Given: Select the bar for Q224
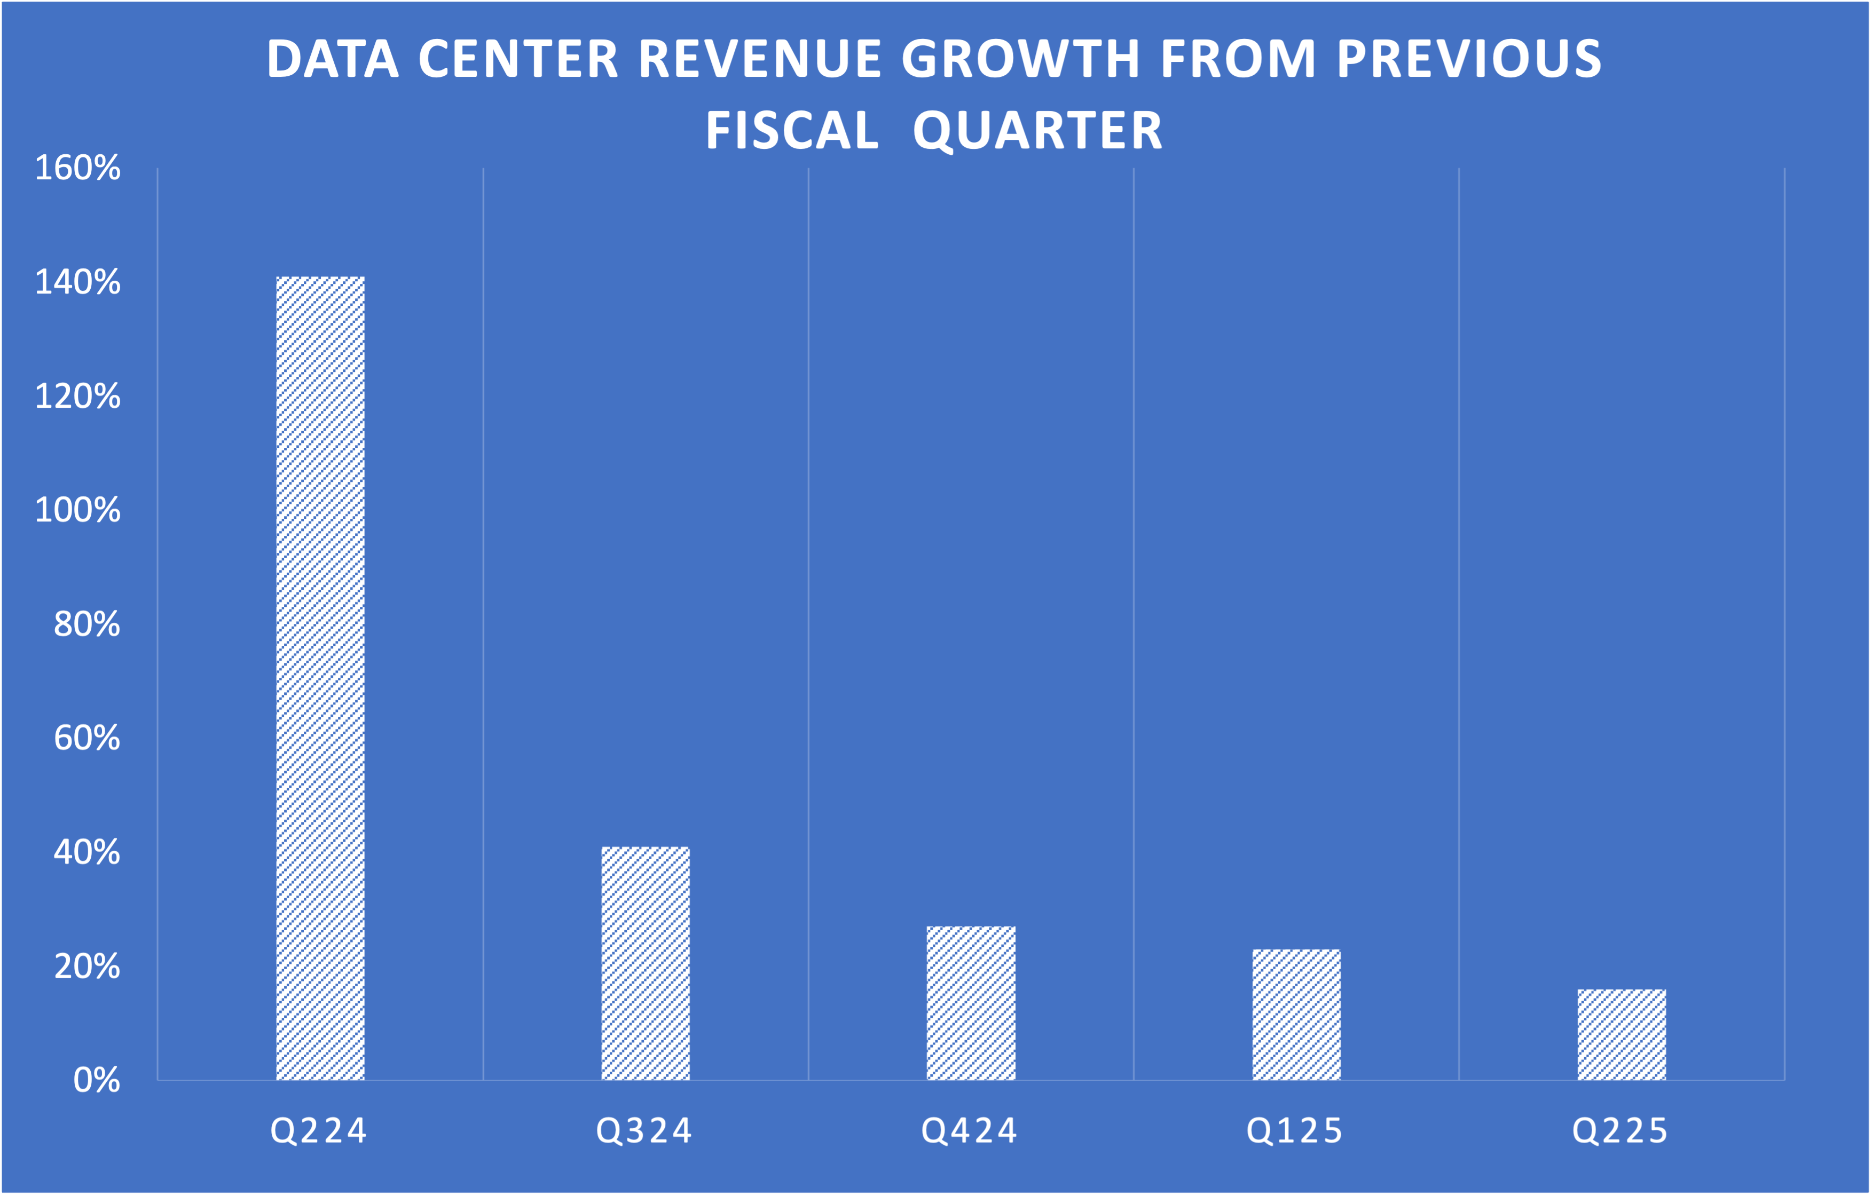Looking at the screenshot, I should (x=320, y=678).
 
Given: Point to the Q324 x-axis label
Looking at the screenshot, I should (x=644, y=1131).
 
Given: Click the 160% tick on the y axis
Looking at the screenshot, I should (x=78, y=168).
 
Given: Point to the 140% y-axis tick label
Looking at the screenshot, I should (x=78, y=282).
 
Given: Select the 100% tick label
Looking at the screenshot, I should (x=78, y=511).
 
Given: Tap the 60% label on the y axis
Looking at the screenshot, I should (x=87, y=738).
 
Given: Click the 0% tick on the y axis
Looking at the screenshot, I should (x=97, y=1081).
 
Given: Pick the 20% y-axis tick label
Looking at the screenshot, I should (x=87, y=967).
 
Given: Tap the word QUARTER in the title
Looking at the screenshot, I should (x=1038, y=131).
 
